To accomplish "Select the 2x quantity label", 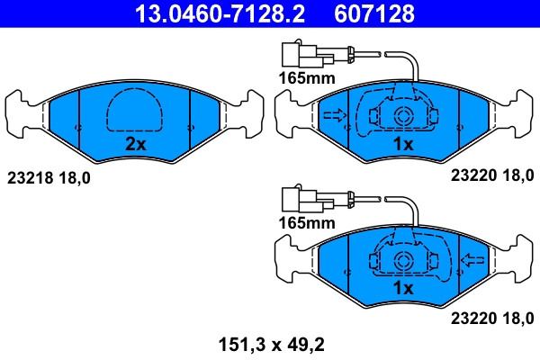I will (x=135, y=144).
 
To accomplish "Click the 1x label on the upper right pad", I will (x=402, y=144).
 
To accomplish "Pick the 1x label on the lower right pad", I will (x=402, y=288).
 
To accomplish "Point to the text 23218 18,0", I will (x=49, y=177).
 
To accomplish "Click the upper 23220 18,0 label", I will (x=490, y=177).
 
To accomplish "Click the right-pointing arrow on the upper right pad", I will (x=334, y=115).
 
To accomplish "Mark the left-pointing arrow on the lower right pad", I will (x=471, y=260).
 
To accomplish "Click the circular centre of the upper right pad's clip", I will (x=402, y=115).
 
